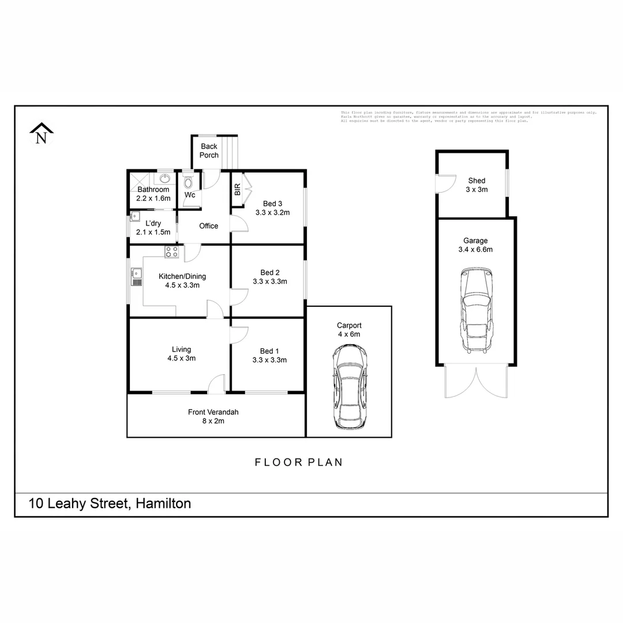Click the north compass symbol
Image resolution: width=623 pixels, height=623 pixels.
tap(41, 134)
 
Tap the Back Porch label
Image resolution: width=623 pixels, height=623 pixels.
tap(209, 151)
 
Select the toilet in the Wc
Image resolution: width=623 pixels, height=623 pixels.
tap(189, 183)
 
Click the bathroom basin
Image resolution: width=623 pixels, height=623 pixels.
tap(164, 178)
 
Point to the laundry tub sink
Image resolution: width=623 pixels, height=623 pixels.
tap(135, 217)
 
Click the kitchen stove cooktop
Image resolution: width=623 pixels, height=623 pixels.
tap(172, 252)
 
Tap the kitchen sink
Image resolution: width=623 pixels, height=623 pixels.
tap(136, 276)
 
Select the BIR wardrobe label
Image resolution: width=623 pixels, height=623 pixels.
tap(237, 190)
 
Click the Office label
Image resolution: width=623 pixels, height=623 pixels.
tap(208, 226)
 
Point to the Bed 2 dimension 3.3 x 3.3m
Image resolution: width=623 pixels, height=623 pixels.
tap(269, 282)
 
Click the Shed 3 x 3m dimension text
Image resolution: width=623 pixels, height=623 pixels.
tap(476, 189)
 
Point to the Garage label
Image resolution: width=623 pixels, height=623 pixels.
tap(475, 241)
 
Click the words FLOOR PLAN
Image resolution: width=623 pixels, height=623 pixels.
tap(299, 462)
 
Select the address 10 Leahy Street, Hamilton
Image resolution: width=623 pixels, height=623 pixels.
tap(110, 504)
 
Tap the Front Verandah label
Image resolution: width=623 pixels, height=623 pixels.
tap(213, 412)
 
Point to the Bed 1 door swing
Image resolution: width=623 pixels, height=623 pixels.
tap(239, 335)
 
